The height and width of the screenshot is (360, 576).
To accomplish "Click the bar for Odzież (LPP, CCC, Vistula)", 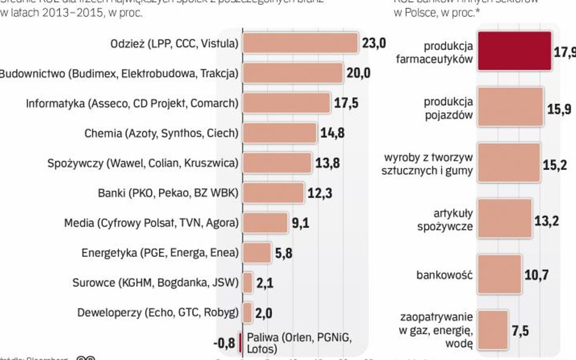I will [300, 44].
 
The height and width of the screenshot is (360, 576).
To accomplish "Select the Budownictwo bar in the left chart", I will [292, 73].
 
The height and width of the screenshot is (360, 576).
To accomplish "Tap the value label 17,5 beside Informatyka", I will [346, 103].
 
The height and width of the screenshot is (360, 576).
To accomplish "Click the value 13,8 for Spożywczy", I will [327, 163].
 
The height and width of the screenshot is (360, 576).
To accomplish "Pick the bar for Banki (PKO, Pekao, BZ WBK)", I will [273, 193].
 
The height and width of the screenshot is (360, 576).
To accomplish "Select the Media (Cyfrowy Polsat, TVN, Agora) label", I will [151, 223].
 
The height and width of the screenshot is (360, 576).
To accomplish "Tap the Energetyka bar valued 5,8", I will [256, 253].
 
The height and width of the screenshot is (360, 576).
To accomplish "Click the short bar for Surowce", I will [247, 282].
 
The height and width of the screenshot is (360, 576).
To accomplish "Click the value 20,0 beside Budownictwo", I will [358, 73].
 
